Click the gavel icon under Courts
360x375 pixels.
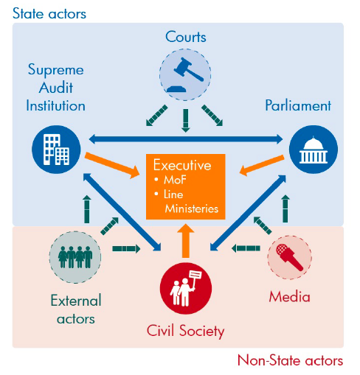pyautogui.click(x=185, y=74)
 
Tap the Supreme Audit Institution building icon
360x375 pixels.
pyautogui.click(x=56, y=150)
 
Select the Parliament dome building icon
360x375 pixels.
pyautogui.click(x=314, y=150)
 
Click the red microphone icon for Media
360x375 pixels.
pyautogui.click(x=289, y=257)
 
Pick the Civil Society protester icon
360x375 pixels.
pyautogui.click(x=186, y=288)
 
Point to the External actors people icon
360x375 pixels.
pyautogui.click(x=75, y=257)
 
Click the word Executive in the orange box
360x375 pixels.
pyautogui.click(x=182, y=165)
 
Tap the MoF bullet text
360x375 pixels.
pyautogui.click(x=175, y=180)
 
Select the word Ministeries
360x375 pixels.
pyautogui.click(x=192, y=208)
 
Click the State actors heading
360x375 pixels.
pyautogui.click(x=49, y=13)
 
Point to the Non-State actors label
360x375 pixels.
pyautogui.click(x=290, y=360)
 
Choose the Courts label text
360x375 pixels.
pyautogui.click(x=186, y=37)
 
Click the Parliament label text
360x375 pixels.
pyautogui.click(x=298, y=106)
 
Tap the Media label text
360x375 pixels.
pyautogui.click(x=289, y=297)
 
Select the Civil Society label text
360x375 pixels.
pyautogui.click(x=185, y=331)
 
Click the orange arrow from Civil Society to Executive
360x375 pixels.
pyautogui.click(x=186, y=241)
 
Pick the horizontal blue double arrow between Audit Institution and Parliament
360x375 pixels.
pyautogui.click(x=186, y=139)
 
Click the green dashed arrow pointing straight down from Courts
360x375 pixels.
pyautogui.click(x=186, y=121)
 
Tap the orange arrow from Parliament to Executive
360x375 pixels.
pyautogui.click(x=262, y=165)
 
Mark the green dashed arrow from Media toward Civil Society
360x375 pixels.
pyautogui.click(x=246, y=248)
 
